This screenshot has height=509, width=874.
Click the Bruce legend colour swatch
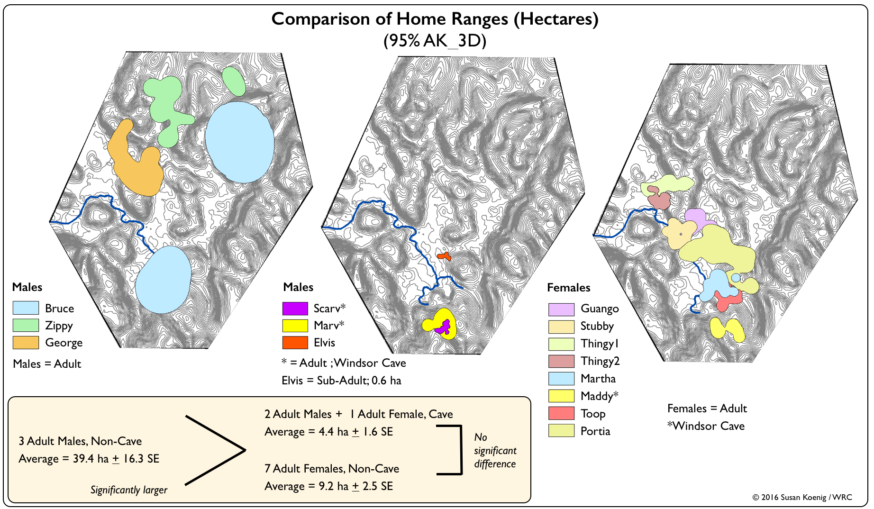[26, 308]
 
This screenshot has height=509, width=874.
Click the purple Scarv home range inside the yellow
[444, 327]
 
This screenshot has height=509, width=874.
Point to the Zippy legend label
[59, 326]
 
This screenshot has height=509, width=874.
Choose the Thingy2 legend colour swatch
[561, 361]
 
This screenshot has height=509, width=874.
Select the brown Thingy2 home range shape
[659, 200]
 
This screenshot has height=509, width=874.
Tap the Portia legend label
[595, 431]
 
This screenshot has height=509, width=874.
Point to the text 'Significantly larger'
[129, 490]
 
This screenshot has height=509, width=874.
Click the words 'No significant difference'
[495, 450]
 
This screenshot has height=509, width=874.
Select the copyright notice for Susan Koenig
[802, 497]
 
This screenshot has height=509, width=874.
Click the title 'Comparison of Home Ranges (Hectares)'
[435, 19]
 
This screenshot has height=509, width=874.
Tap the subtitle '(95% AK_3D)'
[435, 41]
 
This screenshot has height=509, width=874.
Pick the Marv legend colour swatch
[295, 326]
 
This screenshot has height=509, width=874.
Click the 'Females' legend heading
[568, 288]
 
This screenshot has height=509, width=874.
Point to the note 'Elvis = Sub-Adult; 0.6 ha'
[341, 381]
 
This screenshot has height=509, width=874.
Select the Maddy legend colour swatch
[561, 396]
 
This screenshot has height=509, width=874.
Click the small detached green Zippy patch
[234, 81]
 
